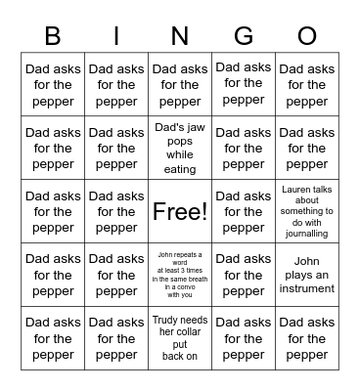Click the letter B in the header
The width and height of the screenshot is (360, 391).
click(x=53, y=36)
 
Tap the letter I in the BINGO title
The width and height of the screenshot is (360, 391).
click(x=116, y=36)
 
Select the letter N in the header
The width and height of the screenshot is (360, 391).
click(x=180, y=36)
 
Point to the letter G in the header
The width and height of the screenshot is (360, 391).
click(x=244, y=36)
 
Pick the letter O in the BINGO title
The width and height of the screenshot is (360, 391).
click(x=307, y=36)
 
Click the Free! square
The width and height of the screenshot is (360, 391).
click(x=180, y=211)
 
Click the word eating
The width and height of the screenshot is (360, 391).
click(x=180, y=169)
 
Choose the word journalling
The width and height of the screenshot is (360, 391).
click(x=307, y=234)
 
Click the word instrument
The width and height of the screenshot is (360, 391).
click(x=307, y=290)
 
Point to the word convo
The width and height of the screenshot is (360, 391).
click(x=189, y=286)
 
